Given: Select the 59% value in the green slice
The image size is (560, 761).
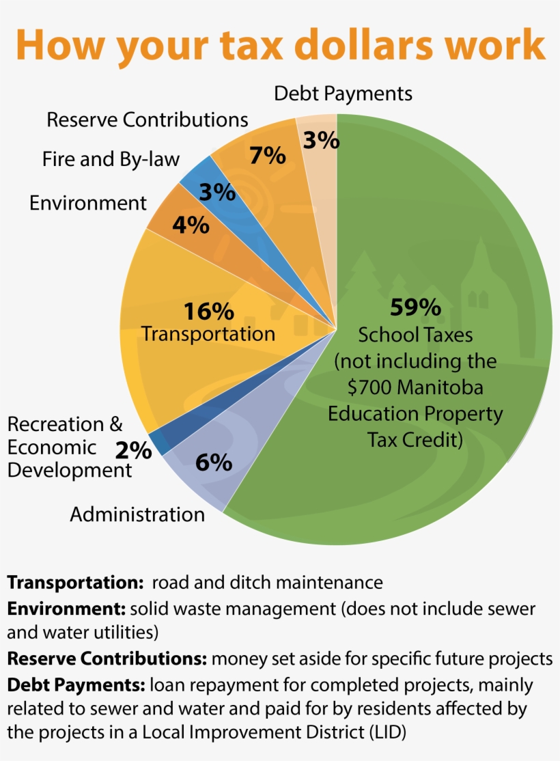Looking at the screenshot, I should [x=415, y=307].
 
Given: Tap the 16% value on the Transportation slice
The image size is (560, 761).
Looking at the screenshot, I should [x=208, y=312].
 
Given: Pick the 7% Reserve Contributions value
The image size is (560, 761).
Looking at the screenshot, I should [x=267, y=156].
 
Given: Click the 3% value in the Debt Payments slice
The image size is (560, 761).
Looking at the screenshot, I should [x=321, y=140].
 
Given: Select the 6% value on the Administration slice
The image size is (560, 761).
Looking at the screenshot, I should [x=213, y=462].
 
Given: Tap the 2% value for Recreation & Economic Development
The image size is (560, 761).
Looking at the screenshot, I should [x=133, y=449].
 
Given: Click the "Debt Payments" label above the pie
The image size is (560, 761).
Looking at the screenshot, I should [x=343, y=94].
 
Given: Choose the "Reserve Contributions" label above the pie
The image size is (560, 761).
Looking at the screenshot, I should [x=147, y=120].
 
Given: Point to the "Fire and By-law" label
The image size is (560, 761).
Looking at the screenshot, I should [x=111, y=160].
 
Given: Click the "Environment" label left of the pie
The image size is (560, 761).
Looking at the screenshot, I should [x=87, y=203].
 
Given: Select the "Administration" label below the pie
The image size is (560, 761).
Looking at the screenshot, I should [x=137, y=514].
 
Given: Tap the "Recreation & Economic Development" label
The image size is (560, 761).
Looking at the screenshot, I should [x=68, y=447].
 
